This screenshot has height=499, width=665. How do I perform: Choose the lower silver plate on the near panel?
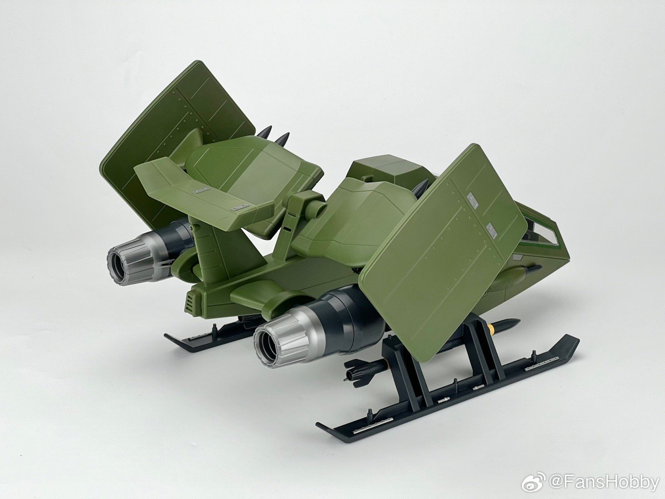click(490, 230)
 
